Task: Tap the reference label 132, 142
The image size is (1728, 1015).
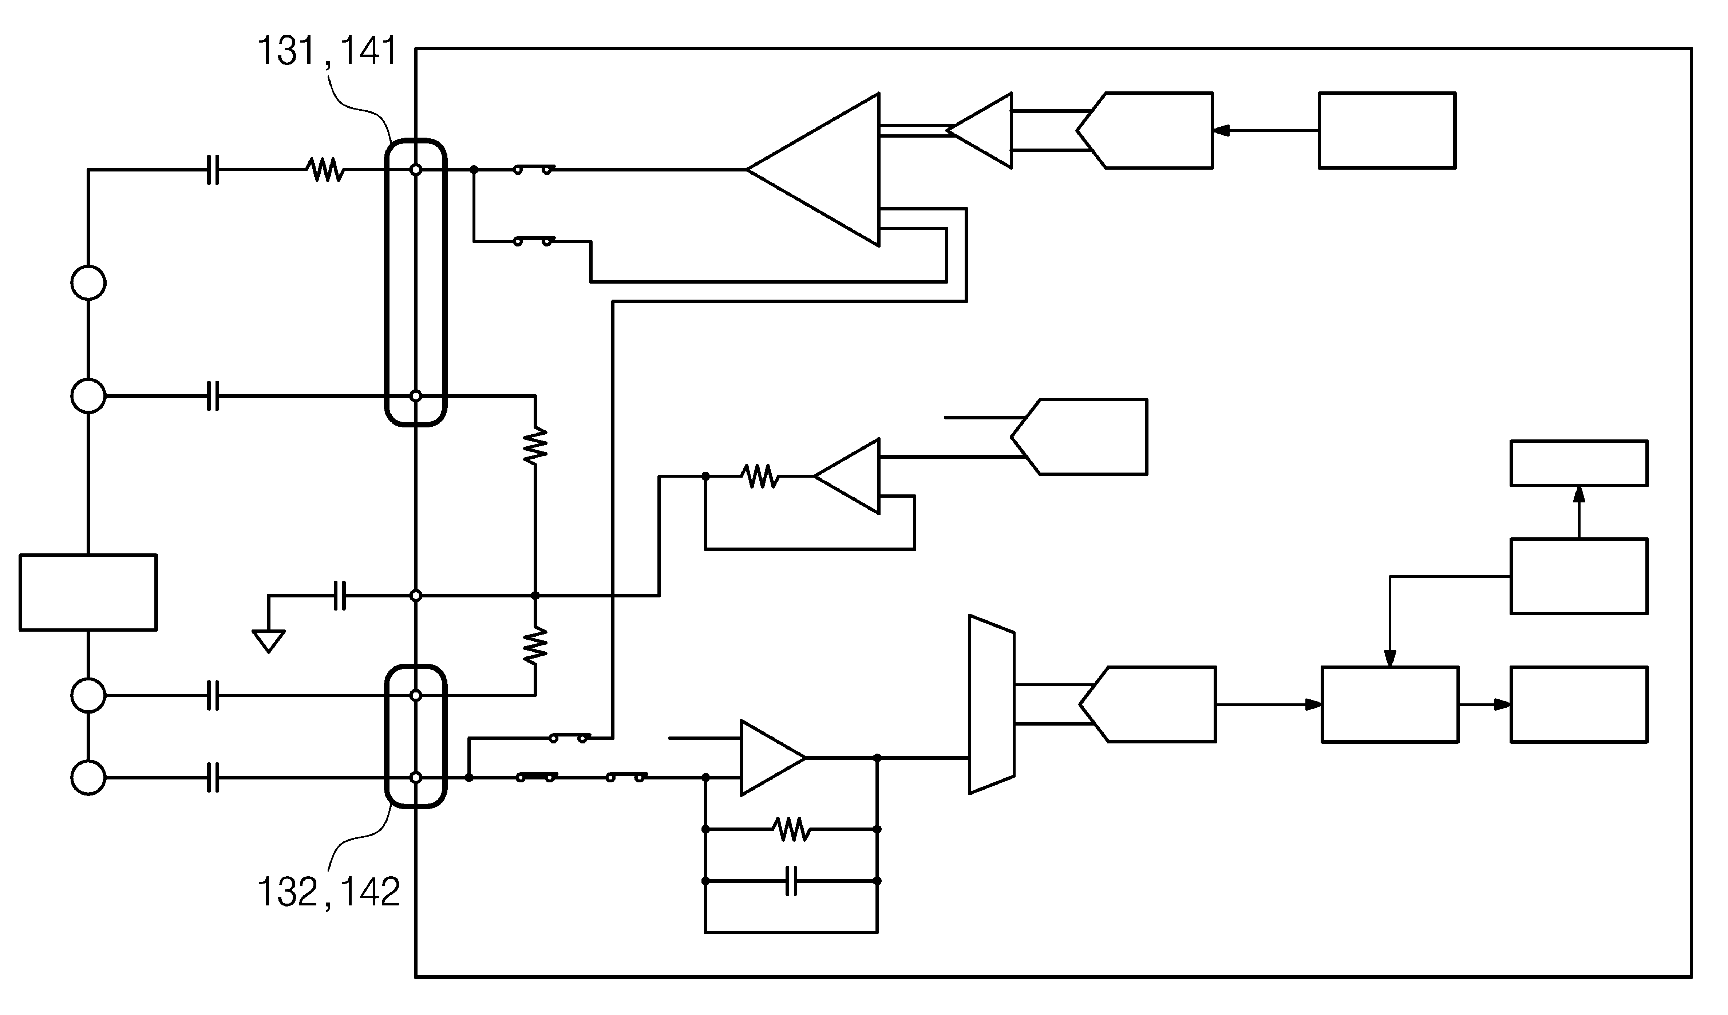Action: (328, 892)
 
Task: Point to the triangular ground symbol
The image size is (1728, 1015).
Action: (269, 641)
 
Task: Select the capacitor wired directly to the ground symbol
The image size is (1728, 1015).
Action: (339, 595)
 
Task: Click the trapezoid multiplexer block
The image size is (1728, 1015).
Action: (992, 704)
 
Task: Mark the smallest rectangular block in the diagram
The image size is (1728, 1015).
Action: (1579, 463)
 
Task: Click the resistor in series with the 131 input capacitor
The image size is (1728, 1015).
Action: (326, 169)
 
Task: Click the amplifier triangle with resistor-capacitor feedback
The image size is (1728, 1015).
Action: (774, 758)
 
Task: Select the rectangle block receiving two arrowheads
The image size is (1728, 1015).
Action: (1390, 704)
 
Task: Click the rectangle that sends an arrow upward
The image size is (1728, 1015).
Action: (1579, 576)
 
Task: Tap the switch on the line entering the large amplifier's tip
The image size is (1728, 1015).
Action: (534, 169)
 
